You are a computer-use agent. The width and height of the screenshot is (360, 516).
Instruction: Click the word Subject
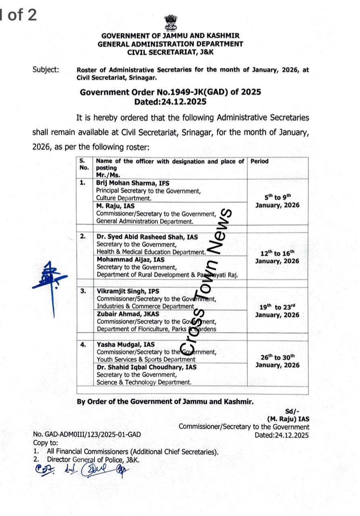tap(46, 70)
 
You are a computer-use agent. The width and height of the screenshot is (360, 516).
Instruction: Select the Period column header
tap(260, 161)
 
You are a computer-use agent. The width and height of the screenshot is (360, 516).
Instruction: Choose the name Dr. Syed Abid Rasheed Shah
tap(147, 237)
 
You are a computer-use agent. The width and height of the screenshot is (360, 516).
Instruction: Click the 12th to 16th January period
tap(277, 257)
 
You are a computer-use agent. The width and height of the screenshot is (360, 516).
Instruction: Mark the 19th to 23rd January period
tap(277, 311)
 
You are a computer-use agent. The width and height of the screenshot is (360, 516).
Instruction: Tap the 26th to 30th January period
tap(277, 361)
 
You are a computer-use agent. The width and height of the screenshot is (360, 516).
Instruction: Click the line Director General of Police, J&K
tap(94, 460)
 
